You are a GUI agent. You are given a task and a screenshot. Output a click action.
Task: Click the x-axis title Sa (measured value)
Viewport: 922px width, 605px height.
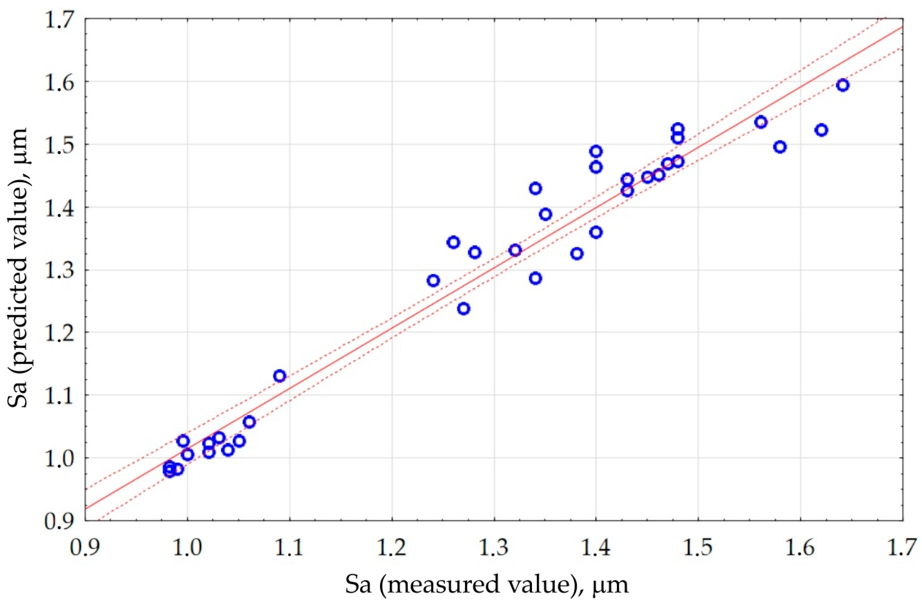pyautogui.click(x=487, y=584)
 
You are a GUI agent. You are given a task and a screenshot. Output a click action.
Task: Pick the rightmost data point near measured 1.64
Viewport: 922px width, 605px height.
pyautogui.click(x=842, y=85)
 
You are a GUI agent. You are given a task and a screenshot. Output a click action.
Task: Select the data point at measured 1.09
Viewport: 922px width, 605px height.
pyautogui.click(x=279, y=376)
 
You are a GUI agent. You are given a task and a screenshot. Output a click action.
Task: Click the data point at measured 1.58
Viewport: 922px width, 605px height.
pyautogui.click(x=780, y=147)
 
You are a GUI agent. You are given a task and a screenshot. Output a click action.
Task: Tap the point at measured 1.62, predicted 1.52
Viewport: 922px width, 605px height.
pyautogui.click(x=821, y=130)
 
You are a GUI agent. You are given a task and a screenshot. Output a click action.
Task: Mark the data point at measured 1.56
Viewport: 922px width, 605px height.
pyautogui.click(x=761, y=122)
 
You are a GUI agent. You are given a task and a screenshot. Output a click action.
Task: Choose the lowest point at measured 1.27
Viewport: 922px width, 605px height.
pyautogui.click(x=464, y=309)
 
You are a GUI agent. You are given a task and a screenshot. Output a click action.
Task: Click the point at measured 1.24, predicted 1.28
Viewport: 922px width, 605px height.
pyautogui.click(x=433, y=281)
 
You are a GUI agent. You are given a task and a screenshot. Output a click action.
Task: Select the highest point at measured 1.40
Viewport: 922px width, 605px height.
pyautogui.click(x=596, y=151)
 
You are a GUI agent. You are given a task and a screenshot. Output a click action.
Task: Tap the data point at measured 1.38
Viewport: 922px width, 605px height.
pyautogui.click(x=577, y=254)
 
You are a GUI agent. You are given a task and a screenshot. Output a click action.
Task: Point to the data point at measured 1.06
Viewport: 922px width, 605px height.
pyautogui.click(x=249, y=422)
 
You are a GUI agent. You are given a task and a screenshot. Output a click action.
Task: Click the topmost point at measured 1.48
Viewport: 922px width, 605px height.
pyautogui.click(x=678, y=128)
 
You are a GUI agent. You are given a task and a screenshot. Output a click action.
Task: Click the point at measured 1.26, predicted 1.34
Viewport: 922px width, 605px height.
pyautogui.click(x=453, y=242)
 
